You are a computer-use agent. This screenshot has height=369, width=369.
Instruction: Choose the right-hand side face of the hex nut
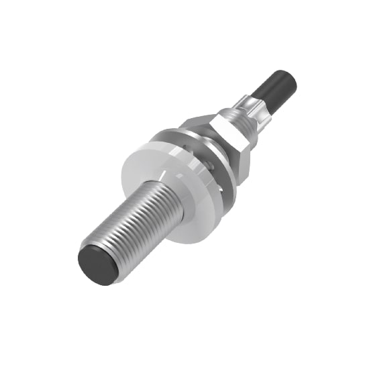(x=243, y=151)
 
